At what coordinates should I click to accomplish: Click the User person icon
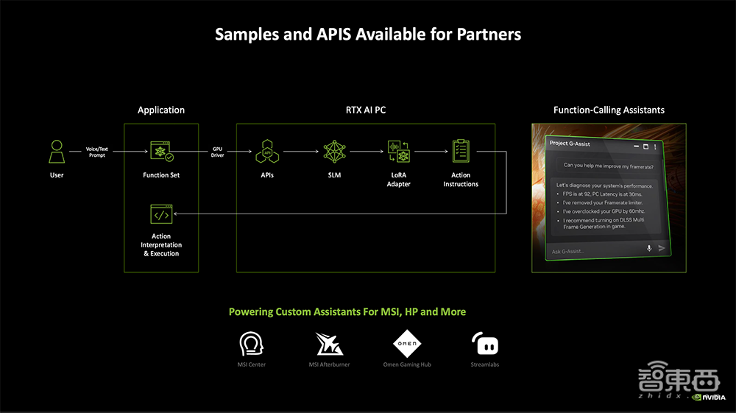pos(57,152)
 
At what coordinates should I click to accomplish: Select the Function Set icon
pos(161,152)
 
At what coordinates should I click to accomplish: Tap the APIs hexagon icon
pos(267,152)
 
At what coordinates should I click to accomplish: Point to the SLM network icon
pos(335,152)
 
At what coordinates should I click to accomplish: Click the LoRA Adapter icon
pos(398,152)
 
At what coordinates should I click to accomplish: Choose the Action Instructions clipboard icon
pos(461,151)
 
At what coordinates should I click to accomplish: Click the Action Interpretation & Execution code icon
pos(161,215)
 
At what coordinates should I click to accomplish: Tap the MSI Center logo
pos(252,344)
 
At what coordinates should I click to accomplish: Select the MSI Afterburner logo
pos(329,344)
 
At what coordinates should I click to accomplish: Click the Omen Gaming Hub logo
pos(406,344)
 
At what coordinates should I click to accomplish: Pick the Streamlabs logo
pos(484,344)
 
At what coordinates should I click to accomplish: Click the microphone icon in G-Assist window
pos(649,249)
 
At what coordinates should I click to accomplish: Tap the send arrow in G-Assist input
pos(662,248)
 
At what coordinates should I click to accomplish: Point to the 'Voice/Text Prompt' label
pos(97,152)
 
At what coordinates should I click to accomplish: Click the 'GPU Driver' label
pos(217,152)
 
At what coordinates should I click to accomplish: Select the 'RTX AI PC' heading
pos(366,110)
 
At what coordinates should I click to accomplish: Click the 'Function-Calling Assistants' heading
pos(609,110)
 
